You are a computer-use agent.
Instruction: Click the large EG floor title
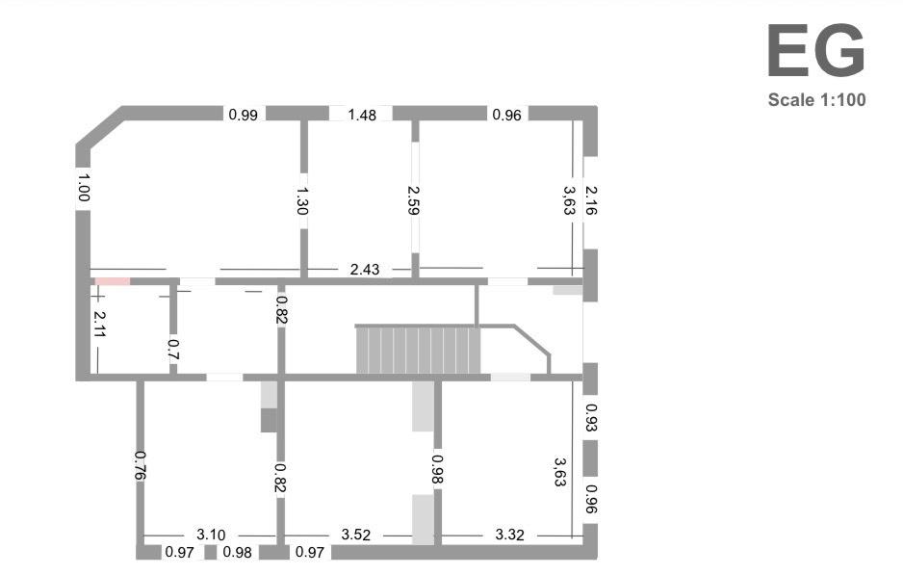(x=815, y=53)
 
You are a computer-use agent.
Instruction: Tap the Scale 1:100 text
(x=816, y=99)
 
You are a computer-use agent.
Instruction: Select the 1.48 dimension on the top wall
(x=362, y=115)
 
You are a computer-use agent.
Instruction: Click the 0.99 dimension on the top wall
(x=243, y=115)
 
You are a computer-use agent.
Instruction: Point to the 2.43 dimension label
(x=364, y=269)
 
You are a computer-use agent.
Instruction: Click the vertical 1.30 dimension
(x=303, y=200)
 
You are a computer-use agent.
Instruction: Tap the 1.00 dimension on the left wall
(x=83, y=186)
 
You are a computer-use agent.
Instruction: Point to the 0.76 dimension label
(x=141, y=465)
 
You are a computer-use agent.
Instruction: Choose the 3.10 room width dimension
(x=210, y=535)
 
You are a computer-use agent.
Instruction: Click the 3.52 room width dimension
(x=356, y=535)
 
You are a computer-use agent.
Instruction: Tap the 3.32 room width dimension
(x=508, y=535)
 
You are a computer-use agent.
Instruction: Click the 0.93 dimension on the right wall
(x=591, y=417)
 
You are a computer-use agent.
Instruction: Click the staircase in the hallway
(x=418, y=350)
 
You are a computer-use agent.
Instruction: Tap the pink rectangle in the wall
(x=113, y=281)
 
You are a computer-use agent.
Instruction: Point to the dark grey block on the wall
(x=269, y=420)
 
